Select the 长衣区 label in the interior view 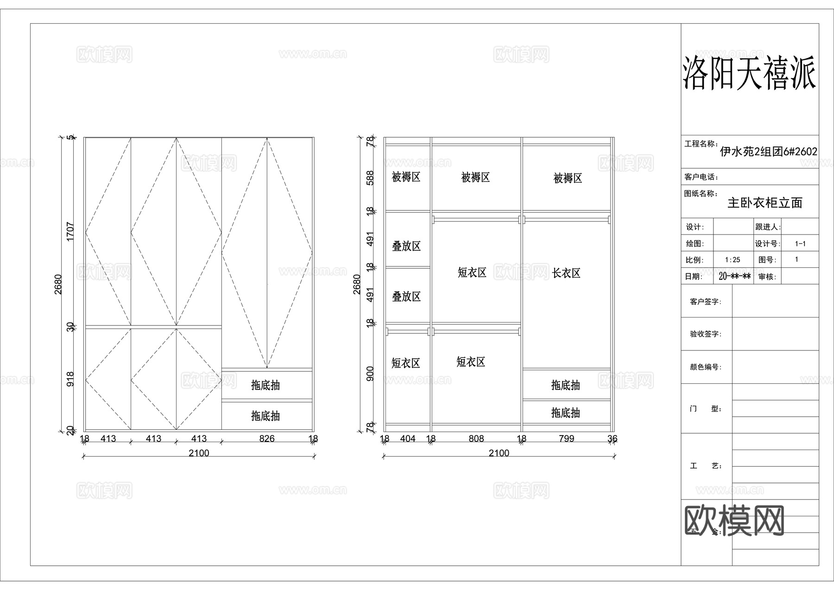566,273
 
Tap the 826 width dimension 267,438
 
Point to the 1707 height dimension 70,231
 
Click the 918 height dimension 70,380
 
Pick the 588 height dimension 370,178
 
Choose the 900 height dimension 370,374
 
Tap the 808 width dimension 476,438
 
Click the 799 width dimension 566,438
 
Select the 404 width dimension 408,438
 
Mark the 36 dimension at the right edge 612,438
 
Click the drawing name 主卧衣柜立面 764,203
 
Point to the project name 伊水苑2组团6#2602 768,152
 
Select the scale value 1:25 733,260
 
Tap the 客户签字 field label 705,302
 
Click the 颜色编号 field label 705,367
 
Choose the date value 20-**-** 734,277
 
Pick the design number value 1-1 800,244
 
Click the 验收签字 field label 705,334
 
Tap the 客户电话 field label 701,177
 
